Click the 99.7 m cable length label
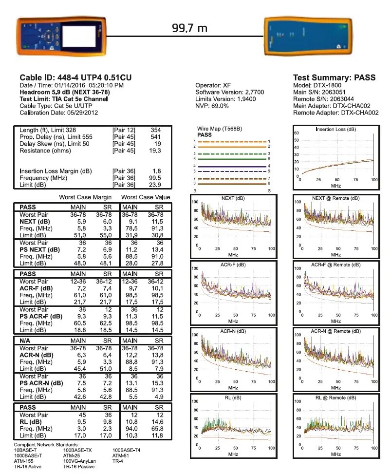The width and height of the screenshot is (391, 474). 189,28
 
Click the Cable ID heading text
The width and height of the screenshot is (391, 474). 75,77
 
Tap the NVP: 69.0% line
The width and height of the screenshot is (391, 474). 212,106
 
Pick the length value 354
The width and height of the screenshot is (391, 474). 155,130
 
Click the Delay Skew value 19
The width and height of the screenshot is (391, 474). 157,144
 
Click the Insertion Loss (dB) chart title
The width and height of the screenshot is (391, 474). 335,130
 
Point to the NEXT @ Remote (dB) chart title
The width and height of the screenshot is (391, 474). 335,198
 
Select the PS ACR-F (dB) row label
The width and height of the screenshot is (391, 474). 41,316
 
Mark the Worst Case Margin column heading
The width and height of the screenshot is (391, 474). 85,197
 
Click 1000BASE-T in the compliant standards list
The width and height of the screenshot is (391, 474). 28,455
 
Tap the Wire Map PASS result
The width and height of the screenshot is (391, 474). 205,134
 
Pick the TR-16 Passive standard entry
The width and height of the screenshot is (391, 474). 79,466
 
